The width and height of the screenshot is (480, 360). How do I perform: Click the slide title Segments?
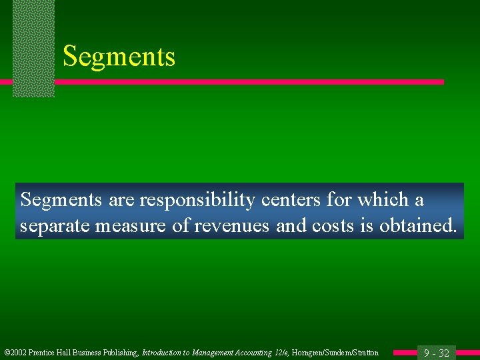(119, 57)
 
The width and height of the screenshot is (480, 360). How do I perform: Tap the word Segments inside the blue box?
(60, 200)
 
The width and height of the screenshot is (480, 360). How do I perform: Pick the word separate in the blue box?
(55, 227)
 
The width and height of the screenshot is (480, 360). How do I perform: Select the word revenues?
(231, 227)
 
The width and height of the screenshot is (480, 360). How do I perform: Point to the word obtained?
(419, 227)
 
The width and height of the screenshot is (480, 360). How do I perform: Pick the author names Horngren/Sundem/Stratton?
(335, 353)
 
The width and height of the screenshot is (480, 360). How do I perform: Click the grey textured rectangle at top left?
(33, 48)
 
